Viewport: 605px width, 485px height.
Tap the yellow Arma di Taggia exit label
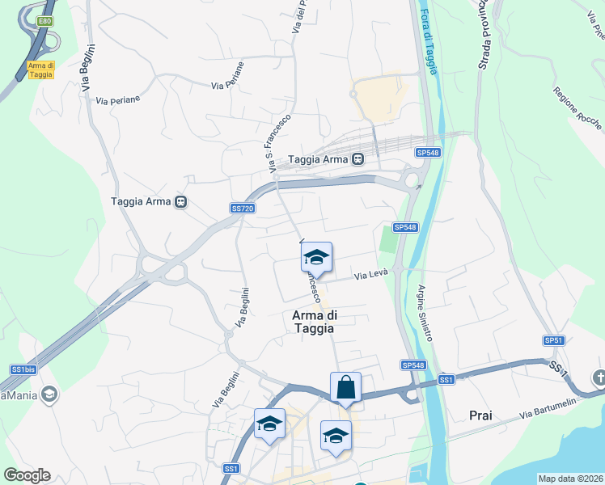[x=40, y=70]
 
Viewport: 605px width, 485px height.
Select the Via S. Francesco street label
[x=278, y=142]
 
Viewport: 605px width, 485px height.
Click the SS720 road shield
[x=243, y=209]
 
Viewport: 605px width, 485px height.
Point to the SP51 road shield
[x=553, y=340]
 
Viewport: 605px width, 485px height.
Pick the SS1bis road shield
[x=22, y=369]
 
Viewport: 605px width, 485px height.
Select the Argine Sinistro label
[x=425, y=313]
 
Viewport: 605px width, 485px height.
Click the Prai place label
[x=480, y=415]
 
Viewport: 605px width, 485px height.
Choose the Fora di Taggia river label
[x=428, y=41]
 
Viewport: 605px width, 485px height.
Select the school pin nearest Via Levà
[x=315, y=257]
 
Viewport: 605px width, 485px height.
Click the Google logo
[x=27, y=475]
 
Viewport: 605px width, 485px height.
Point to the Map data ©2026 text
[x=570, y=479]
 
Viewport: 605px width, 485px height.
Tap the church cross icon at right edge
[x=599, y=377]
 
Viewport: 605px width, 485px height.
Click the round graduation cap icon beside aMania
[x=49, y=394]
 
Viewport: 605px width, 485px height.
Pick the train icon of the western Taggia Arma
[x=181, y=201]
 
